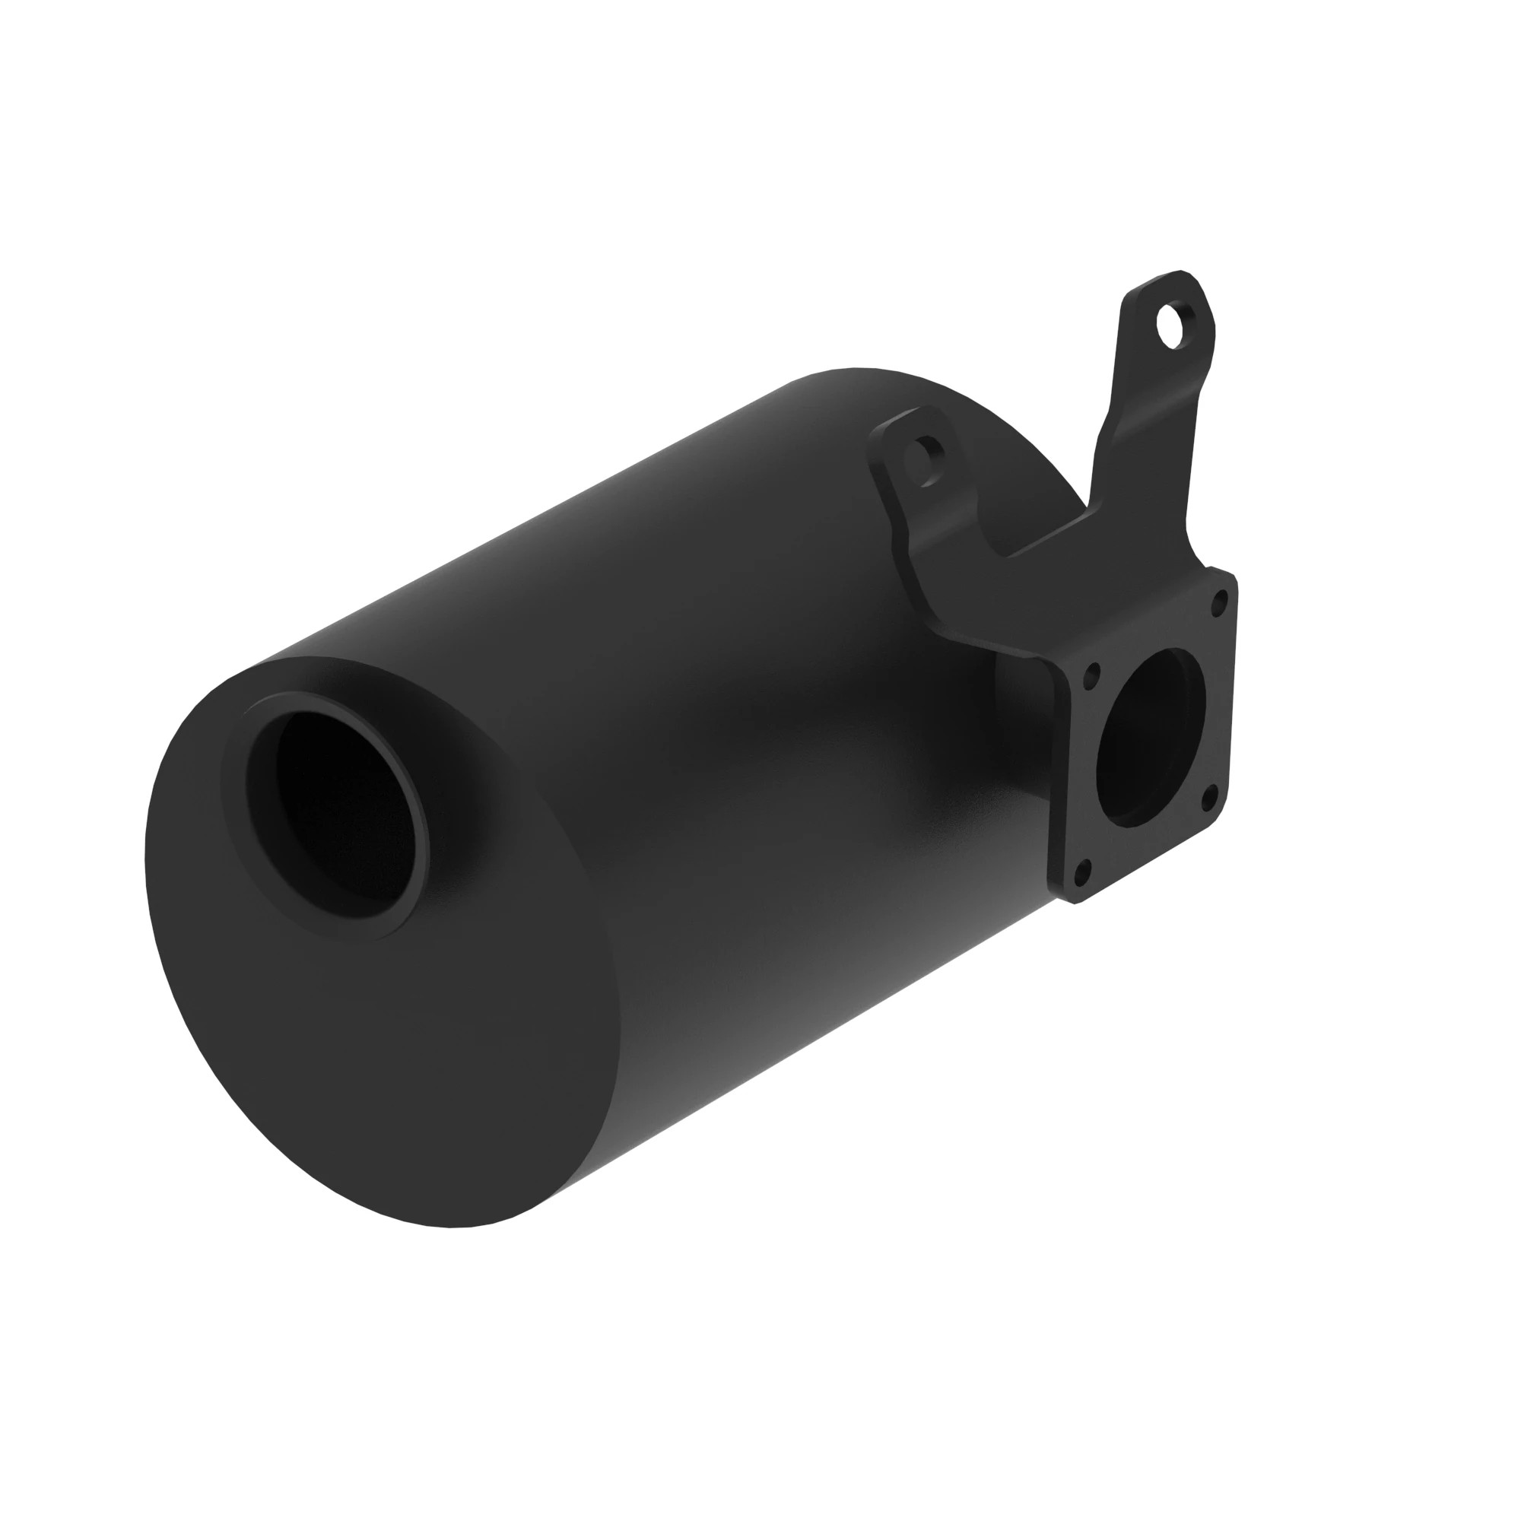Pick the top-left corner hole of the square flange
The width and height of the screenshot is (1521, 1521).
point(1092,674)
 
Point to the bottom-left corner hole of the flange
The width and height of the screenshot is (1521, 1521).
point(1082,872)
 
